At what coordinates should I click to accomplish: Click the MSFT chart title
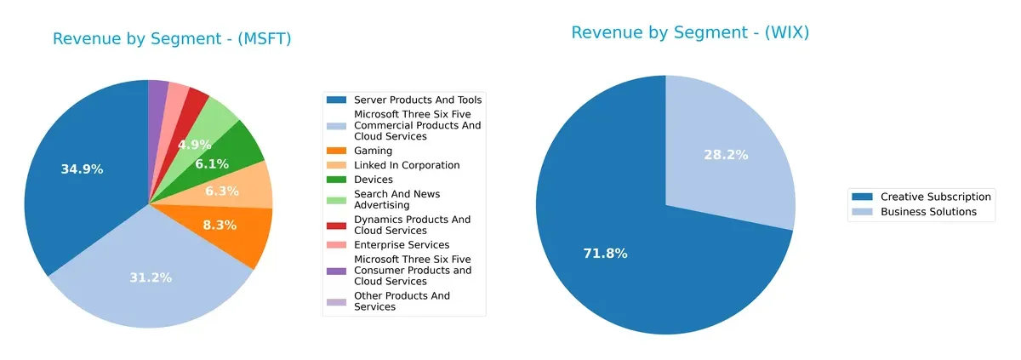pos(172,39)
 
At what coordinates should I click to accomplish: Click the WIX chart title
pos(689,33)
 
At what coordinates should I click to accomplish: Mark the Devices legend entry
pos(374,180)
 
